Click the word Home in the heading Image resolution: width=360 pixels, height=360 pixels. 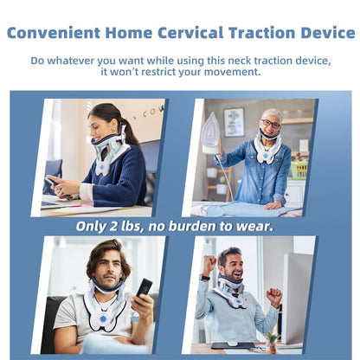[132, 33]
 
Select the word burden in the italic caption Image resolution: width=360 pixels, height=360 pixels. [204, 226]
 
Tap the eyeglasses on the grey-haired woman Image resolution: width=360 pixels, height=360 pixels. [271, 124]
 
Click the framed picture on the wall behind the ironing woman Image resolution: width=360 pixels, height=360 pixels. [234, 120]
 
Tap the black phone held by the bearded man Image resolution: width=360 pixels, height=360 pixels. [145, 287]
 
